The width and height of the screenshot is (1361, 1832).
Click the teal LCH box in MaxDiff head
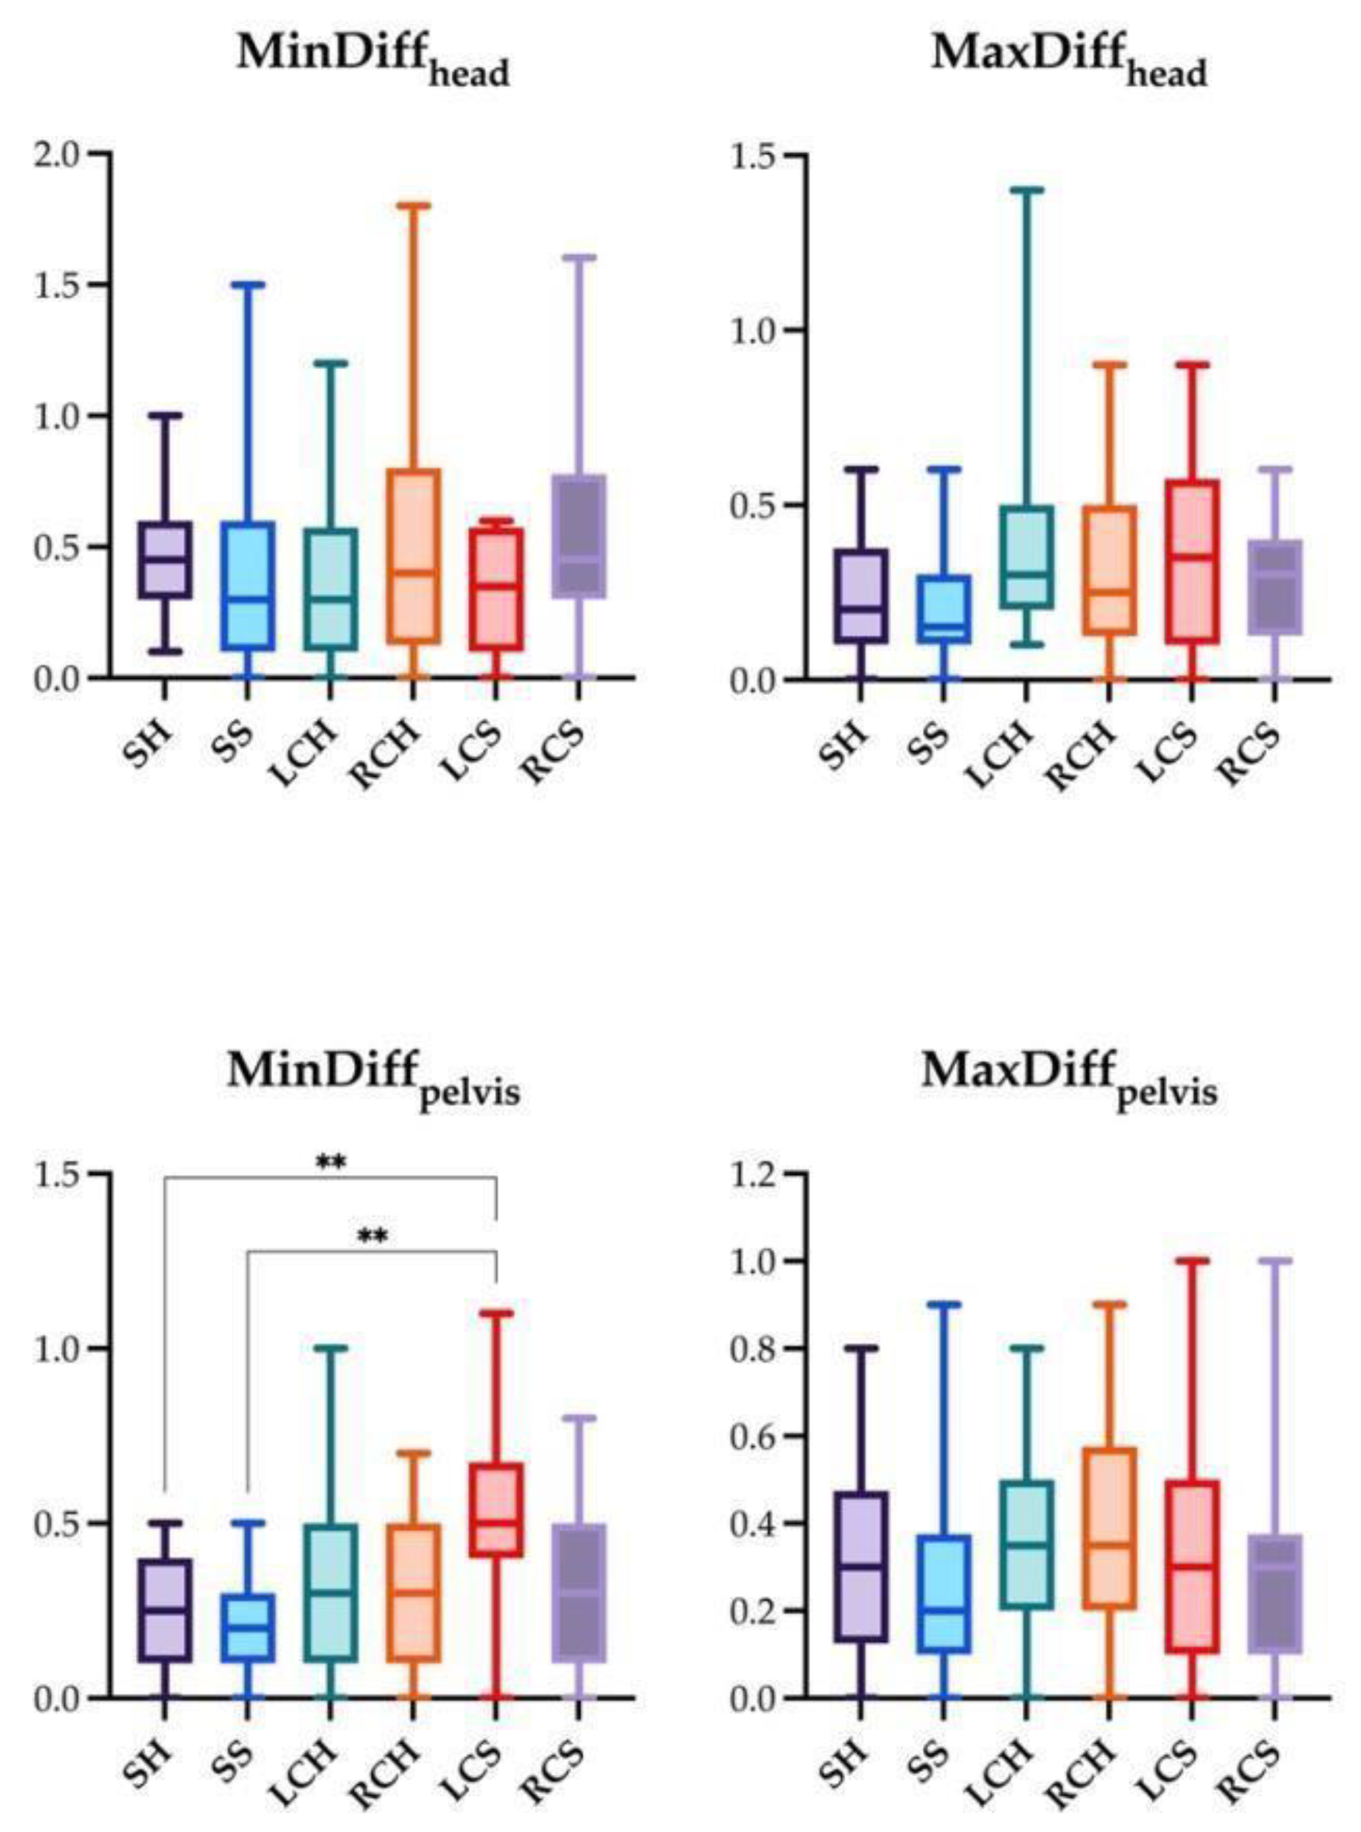(x=1026, y=558)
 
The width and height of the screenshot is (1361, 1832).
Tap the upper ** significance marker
(x=331, y=1162)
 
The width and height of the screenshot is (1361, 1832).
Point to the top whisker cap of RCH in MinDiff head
(x=413, y=205)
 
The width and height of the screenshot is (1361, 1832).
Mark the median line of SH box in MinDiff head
(x=165, y=560)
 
